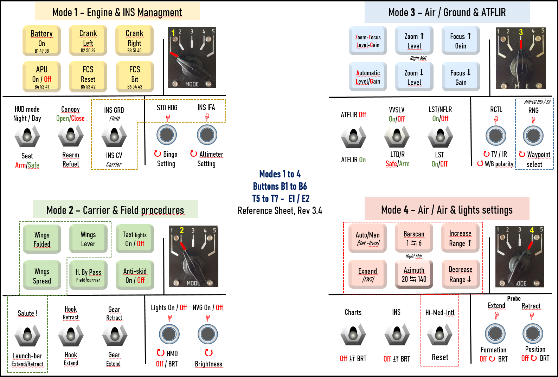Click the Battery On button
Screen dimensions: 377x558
click(x=41, y=41)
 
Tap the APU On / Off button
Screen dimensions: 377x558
click(x=41, y=77)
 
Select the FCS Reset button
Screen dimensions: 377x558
click(x=88, y=77)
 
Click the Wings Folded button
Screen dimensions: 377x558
click(x=42, y=239)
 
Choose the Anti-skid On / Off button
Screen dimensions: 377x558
click(x=135, y=275)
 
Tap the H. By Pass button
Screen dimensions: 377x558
click(x=88, y=275)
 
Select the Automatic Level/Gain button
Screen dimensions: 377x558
click(x=368, y=77)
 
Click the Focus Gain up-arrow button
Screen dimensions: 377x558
click(x=461, y=41)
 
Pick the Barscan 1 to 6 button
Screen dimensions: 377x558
click(x=414, y=238)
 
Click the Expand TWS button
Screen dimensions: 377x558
click(x=367, y=274)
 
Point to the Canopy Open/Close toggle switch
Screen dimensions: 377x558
click(x=71, y=136)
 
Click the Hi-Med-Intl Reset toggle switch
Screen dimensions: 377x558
click(x=440, y=335)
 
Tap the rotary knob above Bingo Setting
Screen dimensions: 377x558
click(x=167, y=135)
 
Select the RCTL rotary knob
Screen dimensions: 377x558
click(x=496, y=136)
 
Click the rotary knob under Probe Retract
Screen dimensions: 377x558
click(x=533, y=333)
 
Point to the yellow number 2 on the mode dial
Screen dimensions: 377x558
click(x=181, y=230)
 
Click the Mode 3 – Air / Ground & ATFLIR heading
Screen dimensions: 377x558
click(x=447, y=13)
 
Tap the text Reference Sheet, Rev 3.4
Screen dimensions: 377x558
click(x=280, y=210)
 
